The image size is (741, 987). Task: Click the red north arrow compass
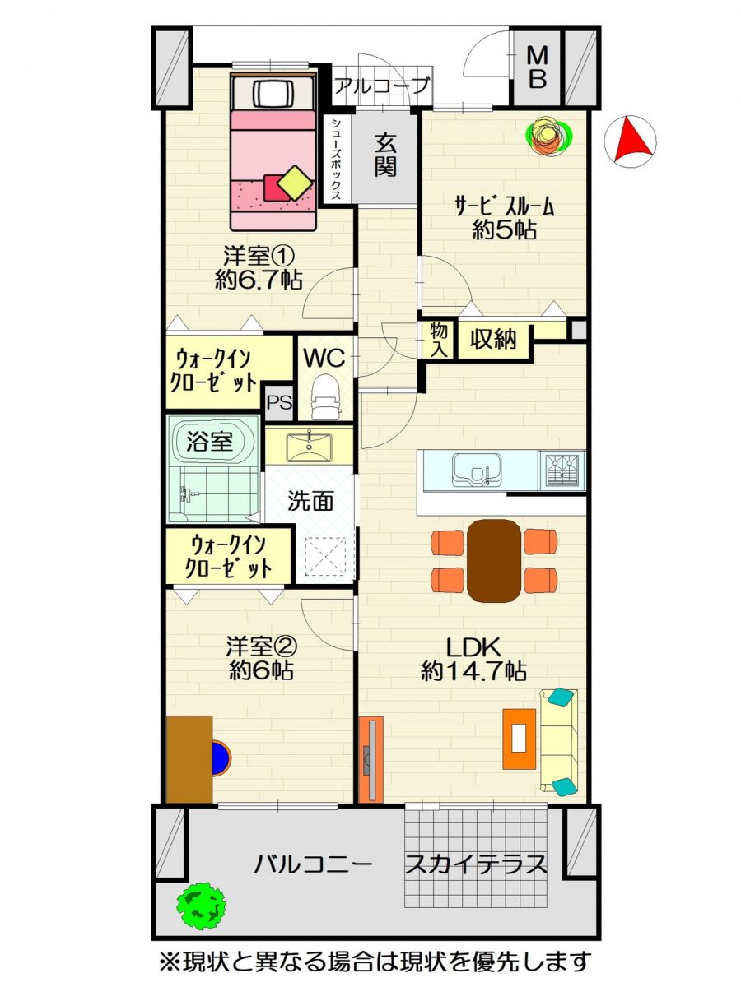631,141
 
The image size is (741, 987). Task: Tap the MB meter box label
538,68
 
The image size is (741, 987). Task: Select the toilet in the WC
325,396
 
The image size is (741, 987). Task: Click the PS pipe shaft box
279,401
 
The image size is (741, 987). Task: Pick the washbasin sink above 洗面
310,447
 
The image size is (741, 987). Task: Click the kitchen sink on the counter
478,470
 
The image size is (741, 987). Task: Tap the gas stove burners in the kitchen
562,470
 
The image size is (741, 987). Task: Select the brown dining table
494,560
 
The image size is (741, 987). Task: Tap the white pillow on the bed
273,94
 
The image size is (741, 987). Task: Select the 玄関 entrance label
385,156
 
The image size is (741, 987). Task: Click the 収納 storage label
493,339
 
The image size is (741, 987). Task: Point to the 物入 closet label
439,340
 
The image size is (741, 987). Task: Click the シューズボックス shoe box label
336,160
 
